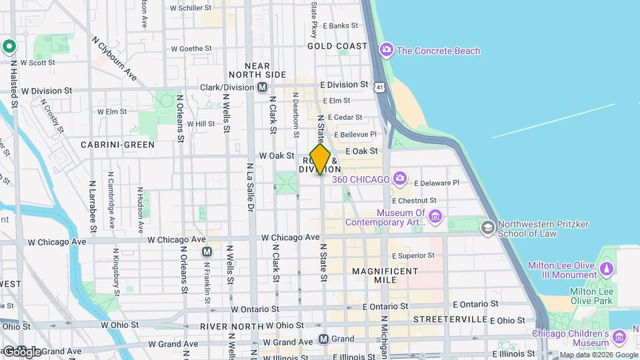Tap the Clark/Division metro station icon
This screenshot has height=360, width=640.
pos(263,87)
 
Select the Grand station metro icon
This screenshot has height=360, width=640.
pos(324,339)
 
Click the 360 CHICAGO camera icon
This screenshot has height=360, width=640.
pos(399,178)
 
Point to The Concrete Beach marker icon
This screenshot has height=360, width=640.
pos(386,50)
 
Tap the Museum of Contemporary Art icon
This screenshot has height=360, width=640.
pos(435,216)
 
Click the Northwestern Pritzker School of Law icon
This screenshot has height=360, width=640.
pos(488,228)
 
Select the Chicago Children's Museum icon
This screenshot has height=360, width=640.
pos(621,337)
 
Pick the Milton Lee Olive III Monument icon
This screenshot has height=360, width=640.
pos(606,269)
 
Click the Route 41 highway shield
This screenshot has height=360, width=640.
pos(379,87)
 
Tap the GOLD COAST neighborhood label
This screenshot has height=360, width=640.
pos(337,46)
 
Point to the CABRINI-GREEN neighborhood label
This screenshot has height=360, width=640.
pos(117,144)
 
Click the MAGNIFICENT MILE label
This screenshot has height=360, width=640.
pos(385,277)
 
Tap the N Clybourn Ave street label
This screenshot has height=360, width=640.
pos(115,61)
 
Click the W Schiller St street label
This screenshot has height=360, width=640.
pos(191,9)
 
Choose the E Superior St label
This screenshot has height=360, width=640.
pos(413,255)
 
